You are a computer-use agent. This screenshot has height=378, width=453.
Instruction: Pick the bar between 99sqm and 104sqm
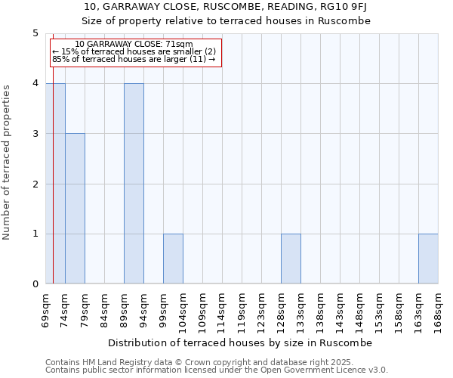click(x=173, y=259)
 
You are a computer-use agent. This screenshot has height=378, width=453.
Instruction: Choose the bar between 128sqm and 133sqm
click(x=291, y=259)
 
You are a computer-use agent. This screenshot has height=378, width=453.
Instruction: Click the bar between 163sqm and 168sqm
click(x=428, y=259)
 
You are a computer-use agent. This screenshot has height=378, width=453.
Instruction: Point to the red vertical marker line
click(x=53, y=189)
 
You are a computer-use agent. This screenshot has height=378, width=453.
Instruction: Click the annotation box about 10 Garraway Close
click(x=135, y=52)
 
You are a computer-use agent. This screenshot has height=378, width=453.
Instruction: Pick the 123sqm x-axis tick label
click(x=261, y=309)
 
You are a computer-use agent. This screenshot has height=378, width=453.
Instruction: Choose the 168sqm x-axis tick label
click(x=438, y=309)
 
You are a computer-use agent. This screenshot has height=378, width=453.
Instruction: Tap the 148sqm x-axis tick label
click(x=359, y=309)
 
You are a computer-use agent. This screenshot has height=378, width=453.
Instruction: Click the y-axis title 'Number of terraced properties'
click(x=8, y=163)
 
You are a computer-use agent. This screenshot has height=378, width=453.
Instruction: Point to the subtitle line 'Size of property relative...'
click(x=226, y=20)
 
